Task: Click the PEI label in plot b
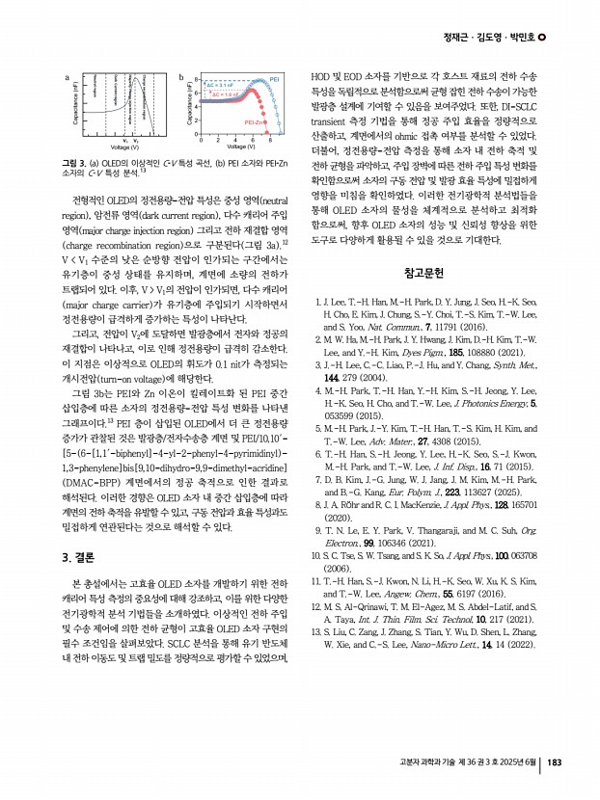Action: (274, 76)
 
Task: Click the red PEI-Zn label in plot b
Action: (255, 123)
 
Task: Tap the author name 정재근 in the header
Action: (459, 38)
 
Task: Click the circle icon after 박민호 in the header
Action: (542, 38)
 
